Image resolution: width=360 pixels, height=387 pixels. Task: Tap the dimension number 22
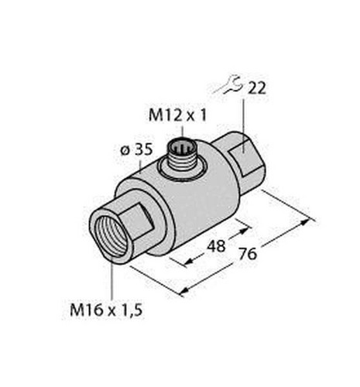(256, 89)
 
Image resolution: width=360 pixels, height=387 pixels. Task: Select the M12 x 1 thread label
(177, 115)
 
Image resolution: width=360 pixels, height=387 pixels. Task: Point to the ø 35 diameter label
(136, 149)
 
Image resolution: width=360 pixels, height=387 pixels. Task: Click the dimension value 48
(216, 246)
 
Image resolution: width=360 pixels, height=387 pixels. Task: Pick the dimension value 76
(248, 254)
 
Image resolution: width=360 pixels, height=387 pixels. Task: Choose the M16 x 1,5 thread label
(106, 310)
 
